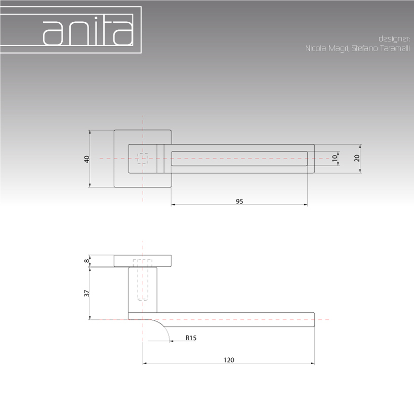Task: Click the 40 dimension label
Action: tap(87, 159)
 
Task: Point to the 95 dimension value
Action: tap(239, 201)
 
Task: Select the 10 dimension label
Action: tap(335, 158)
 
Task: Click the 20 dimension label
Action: tap(357, 158)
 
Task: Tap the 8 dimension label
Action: tap(87, 261)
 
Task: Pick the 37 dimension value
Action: tap(87, 293)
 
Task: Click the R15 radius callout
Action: tap(191, 338)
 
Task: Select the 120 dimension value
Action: tap(229, 360)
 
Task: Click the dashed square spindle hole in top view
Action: tap(143, 158)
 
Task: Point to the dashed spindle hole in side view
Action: tap(143, 280)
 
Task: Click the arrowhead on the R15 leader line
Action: tap(171, 341)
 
